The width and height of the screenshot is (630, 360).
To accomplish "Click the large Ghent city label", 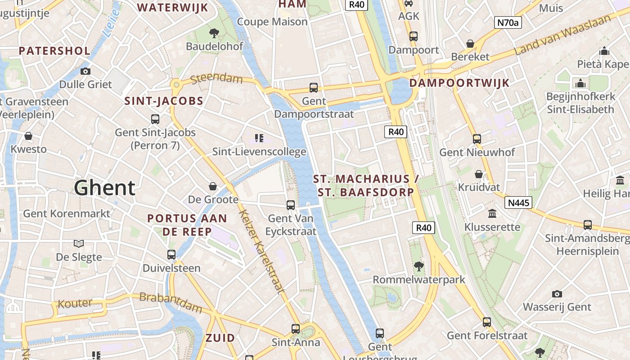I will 104,188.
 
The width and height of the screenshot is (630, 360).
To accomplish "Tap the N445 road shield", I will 518,202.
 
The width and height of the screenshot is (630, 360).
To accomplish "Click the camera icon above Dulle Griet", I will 85,71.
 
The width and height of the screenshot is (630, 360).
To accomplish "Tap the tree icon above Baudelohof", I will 214,32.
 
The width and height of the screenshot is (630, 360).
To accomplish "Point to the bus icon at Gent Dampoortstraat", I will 314,87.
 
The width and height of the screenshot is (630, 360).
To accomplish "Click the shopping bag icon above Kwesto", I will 28,135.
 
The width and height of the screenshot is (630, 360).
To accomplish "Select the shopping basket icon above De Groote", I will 213,186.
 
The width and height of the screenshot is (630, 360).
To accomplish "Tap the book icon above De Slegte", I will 79,243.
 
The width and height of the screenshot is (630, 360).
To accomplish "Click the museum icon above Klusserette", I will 492,213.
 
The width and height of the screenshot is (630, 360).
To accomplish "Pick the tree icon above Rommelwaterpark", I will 418,266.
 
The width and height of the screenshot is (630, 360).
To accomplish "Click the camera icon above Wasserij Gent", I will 557,294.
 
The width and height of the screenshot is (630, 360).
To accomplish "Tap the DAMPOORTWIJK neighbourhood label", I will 459,83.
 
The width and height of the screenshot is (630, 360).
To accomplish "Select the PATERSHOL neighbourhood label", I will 54,50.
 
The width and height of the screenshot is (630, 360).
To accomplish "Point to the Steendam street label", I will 216,80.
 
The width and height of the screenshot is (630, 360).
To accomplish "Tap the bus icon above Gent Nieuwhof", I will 477,139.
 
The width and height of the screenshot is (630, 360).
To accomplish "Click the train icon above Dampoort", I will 413,36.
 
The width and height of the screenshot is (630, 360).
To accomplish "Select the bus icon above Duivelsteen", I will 171,255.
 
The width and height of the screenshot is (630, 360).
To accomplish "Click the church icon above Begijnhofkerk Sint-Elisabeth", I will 580,83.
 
